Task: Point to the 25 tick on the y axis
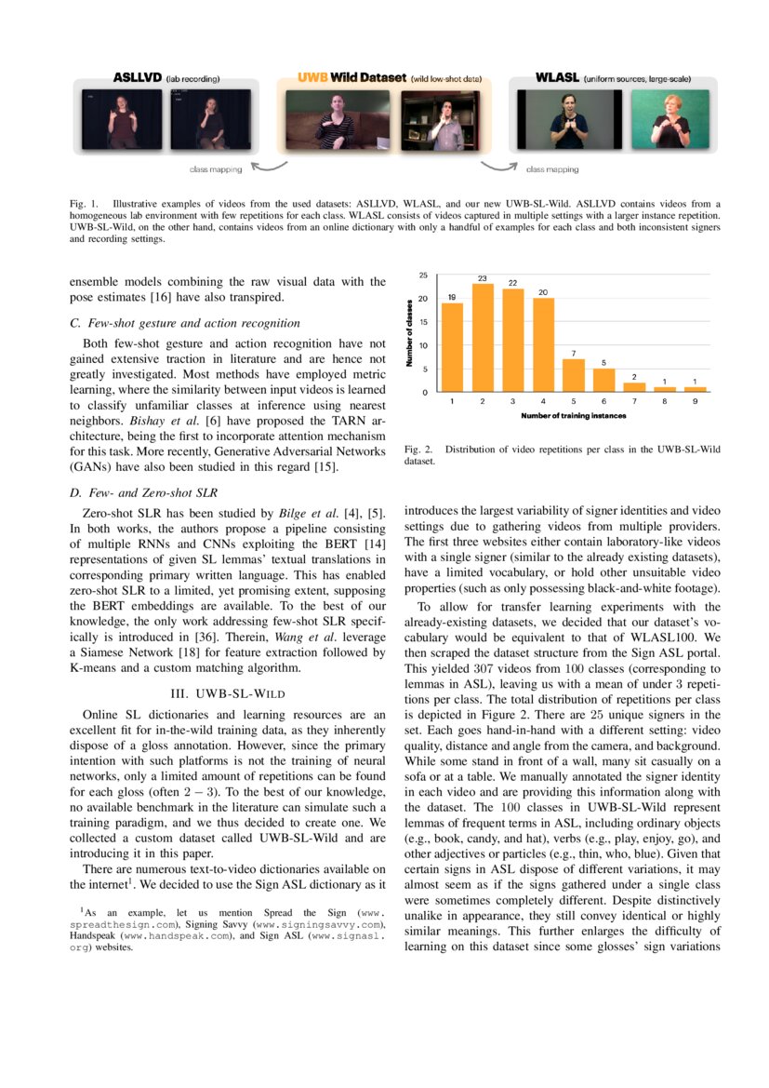click(x=423, y=276)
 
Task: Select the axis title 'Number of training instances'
click(x=574, y=415)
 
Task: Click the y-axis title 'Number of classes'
click(x=409, y=332)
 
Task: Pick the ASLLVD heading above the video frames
click(x=139, y=79)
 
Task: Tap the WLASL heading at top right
click(x=557, y=79)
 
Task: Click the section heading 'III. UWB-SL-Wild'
click(x=228, y=693)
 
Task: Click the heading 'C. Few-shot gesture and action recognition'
click(x=185, y=323)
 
